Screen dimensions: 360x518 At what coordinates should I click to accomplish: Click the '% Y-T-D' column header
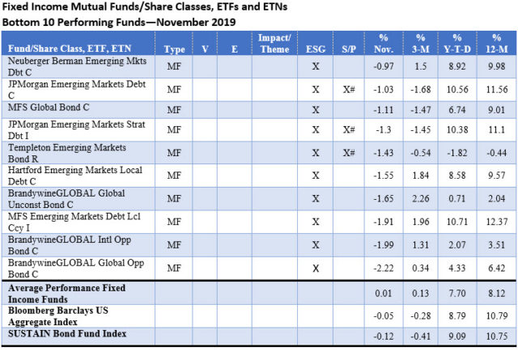click(x=457, y=43)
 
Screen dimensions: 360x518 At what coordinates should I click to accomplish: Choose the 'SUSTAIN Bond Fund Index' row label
click(x=58, y=332)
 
